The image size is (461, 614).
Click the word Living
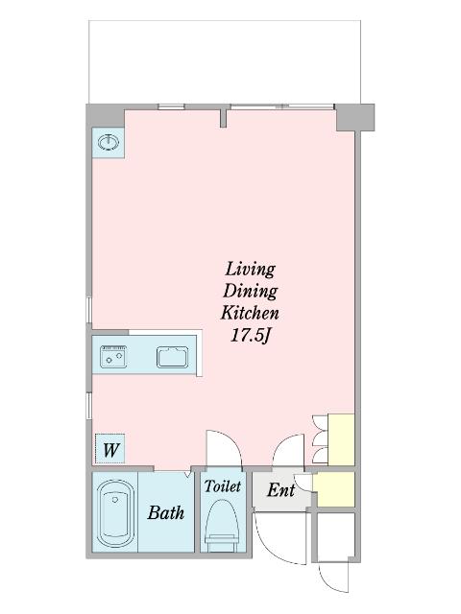click(250, 270)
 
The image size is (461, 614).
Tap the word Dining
click(250, 291)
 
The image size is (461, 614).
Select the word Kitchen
click(250, 313)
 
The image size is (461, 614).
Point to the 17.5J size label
click(251, 335)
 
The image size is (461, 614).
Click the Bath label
click(166, 512)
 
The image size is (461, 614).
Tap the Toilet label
click(222, 486)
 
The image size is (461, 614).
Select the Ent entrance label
click(280, 490)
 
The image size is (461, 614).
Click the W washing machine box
click(110, 449)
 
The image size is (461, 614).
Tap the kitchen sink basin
click(173, 357)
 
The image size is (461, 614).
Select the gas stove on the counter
click(113, 357)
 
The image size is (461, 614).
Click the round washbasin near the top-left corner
click(108, 142)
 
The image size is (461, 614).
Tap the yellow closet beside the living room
click(341, 439)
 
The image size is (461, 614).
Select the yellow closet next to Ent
click(336, 489)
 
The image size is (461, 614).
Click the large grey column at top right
click(355, 117)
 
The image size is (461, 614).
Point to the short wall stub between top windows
click(223, 118)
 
